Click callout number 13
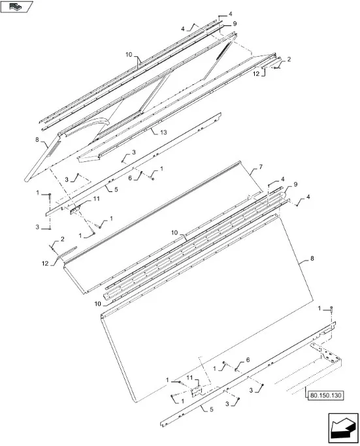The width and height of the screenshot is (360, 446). click(163, 133)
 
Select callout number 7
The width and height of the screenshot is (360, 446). click(261, 167)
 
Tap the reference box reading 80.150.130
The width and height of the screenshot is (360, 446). click(326, 395)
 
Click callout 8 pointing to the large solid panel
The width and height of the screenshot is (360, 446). click(312, 259)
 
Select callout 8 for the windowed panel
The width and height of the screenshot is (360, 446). click(37, 140)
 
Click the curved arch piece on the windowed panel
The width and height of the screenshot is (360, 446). click(86, 123)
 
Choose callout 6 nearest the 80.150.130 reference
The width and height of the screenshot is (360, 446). click(248, 360)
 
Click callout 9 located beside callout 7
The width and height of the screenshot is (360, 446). click(295, 185)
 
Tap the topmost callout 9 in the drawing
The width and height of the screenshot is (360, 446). click(235, 24)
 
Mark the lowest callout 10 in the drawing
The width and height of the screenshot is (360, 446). click(97, 304)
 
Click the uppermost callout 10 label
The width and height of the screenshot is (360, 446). click(129, 54)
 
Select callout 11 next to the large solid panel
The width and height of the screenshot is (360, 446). click(189, 377)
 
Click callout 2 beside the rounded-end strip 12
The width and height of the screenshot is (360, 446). click(62, 239)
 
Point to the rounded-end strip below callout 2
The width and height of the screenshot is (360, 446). click(67, 252)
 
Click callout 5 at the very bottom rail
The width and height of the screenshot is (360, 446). click(211, 409)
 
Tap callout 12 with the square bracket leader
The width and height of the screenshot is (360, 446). click(256, 73)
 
